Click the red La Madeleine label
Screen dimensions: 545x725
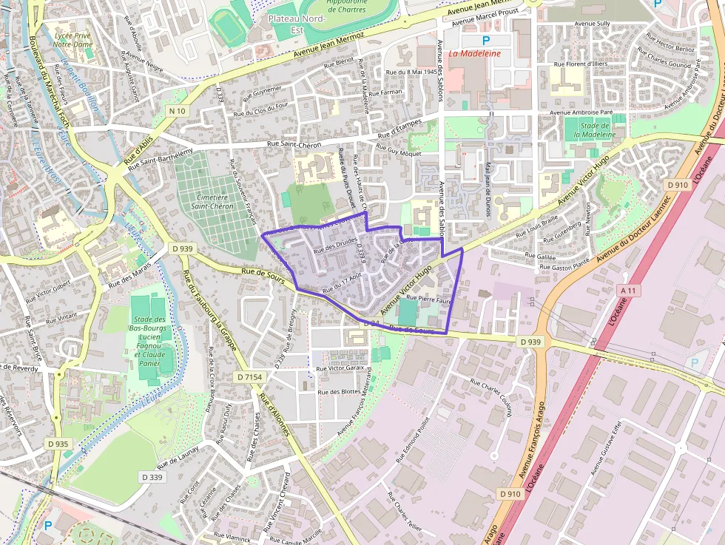(x=474, y=53)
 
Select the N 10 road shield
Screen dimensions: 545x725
(x=177, y=111)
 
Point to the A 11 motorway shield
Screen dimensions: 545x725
(x=628, y=291)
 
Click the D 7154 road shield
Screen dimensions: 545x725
(x=249, y=377)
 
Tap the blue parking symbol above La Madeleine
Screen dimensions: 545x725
(x=486, y=41)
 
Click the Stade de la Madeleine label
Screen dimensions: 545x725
(x=598, y=130)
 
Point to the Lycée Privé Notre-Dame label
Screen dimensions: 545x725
(x=72, y=39)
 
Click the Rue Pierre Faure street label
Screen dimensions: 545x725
(x=429, y=301)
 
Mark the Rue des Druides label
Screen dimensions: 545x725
(x=335, y=245)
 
